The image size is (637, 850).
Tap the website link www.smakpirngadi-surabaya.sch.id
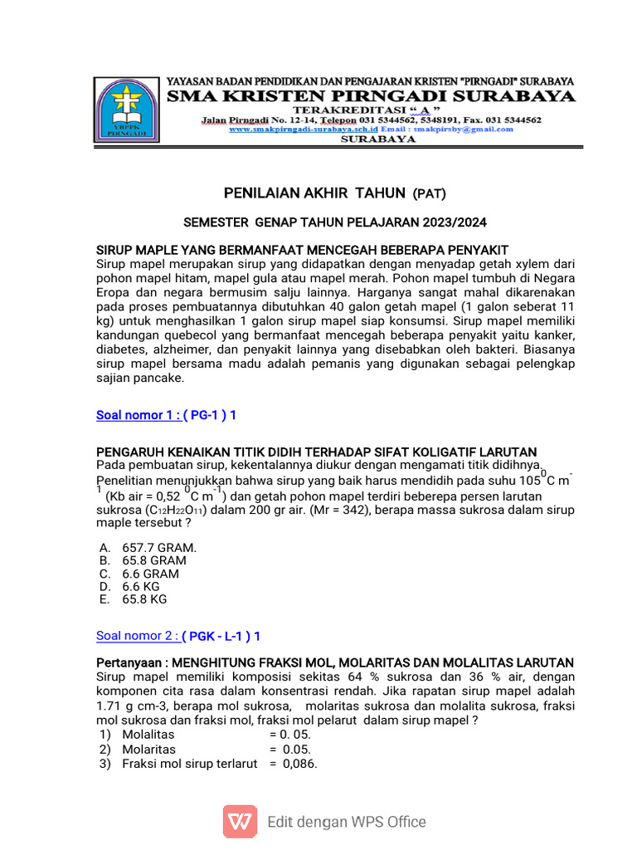pyautogui.click(x=303, y=129)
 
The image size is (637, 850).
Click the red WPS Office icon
pyautogui.click(x=239, y=822)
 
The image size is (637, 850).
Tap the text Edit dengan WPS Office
pyautogui.click(x=346, y=822)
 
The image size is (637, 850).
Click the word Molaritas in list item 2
pyautogui.click(x=148, y=750)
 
